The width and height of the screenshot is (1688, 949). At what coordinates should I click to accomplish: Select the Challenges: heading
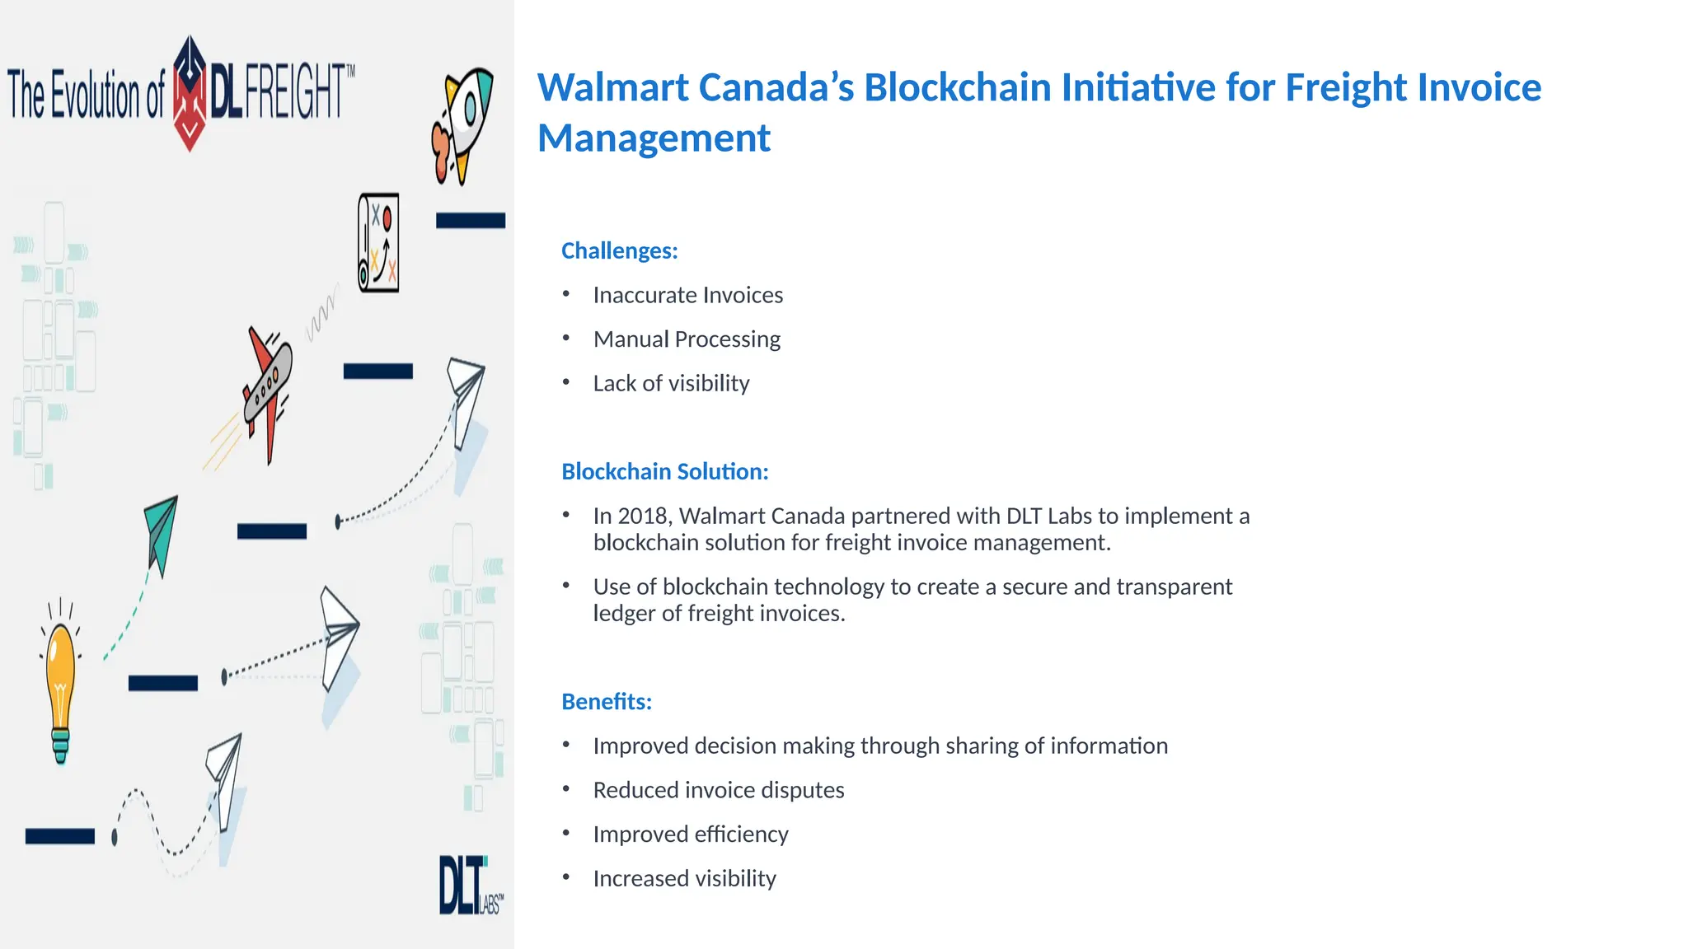[x=619, y=250]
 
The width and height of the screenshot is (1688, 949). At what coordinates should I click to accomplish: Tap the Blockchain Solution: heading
[x=664, y=471]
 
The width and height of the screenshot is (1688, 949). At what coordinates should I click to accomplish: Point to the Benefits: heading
[x=606, y=701]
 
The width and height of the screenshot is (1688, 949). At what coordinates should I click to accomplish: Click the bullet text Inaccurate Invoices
[x=687, y=295]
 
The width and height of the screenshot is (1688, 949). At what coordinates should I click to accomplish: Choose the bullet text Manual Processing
[x=686, y=339]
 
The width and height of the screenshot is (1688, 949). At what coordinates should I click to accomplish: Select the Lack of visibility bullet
[x=671, y=383]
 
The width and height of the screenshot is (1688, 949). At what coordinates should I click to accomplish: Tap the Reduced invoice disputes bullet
[x=718, y=790]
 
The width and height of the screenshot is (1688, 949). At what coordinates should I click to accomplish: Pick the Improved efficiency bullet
[x=690, y=834]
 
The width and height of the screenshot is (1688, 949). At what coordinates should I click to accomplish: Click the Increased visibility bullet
[x=684, y=878]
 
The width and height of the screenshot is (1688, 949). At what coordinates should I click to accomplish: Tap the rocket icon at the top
[x=462, y=124]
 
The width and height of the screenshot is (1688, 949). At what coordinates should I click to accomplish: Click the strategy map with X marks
[x=379, y=243]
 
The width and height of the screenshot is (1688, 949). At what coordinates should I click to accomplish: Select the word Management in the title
[x=654, y=138]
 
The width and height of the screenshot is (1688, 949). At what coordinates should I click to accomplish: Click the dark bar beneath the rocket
[x=470, y=220]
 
